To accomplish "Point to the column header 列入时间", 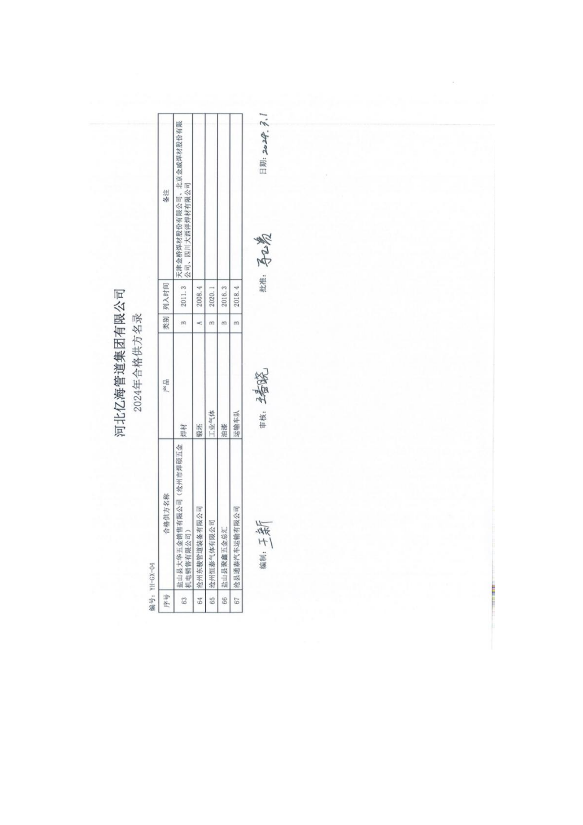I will point(166,296).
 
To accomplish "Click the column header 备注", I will point(166,195).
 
